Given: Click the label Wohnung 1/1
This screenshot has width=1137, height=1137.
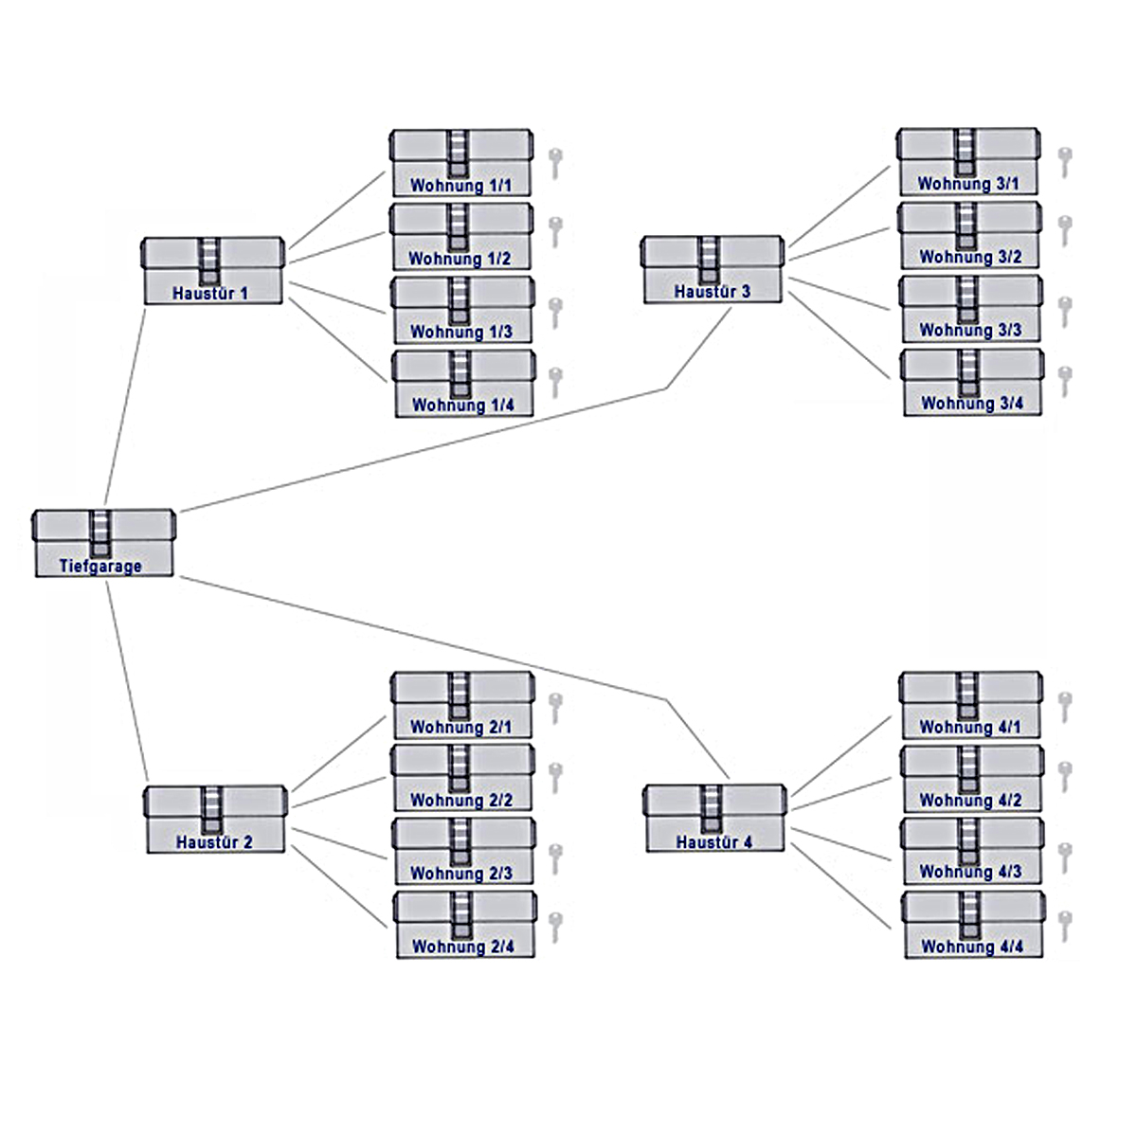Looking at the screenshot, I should pos(460,186).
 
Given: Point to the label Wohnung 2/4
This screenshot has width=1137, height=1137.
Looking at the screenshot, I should pos(463,947).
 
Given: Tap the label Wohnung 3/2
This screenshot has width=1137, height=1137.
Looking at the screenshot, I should pos(970,257).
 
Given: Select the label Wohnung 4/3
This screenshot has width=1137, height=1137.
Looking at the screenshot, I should pos(971,872).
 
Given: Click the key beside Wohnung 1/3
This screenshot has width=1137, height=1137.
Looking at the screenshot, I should pos(556,312).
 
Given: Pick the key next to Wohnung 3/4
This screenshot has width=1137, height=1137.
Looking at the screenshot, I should pos(1065,381).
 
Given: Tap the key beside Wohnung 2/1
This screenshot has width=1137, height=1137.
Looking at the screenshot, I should pos(556,707).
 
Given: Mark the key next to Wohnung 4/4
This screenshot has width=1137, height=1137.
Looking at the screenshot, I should pos(1065,925).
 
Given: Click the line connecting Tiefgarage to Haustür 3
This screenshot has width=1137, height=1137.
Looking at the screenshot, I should pos(426,450).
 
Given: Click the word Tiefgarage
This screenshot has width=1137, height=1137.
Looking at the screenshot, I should pos(100,567).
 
